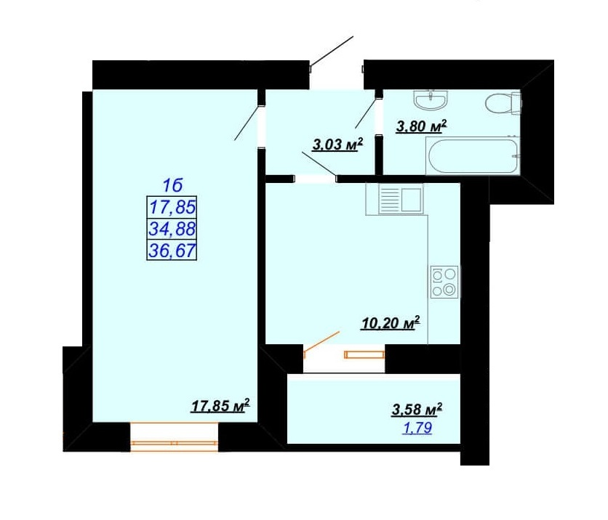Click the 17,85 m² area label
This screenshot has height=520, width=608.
point(220,406)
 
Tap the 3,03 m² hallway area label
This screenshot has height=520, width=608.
point(337,145)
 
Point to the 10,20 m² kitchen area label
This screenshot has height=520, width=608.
point(391,323)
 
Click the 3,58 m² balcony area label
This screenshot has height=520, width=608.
point(417,410)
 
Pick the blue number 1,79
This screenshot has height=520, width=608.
point(417,428)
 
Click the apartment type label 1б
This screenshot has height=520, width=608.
point(172,186)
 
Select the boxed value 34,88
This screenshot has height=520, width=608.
point(172,229)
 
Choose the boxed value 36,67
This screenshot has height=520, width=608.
point(172,251)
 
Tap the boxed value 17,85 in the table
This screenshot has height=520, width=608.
point(172,207)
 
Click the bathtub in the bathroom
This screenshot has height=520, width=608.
point(473,155)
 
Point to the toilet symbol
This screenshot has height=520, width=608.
point(503,102)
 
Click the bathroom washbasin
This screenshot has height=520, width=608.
point(431,100)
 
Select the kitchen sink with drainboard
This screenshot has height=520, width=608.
point(394,199)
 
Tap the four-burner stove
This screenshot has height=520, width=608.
point(444,282)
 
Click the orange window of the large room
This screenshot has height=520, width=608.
point(174,437)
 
